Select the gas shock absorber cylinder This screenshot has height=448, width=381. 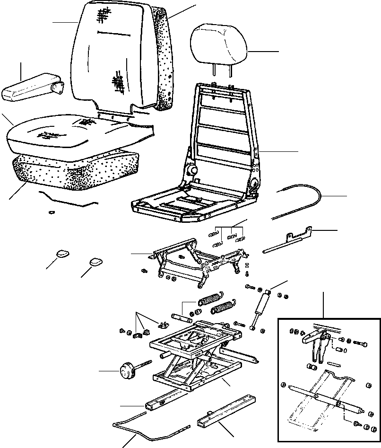point(262,308)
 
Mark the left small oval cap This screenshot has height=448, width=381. point(62,254)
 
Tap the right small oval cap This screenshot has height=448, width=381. point(95,261)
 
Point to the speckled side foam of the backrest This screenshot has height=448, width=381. point(165,57)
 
